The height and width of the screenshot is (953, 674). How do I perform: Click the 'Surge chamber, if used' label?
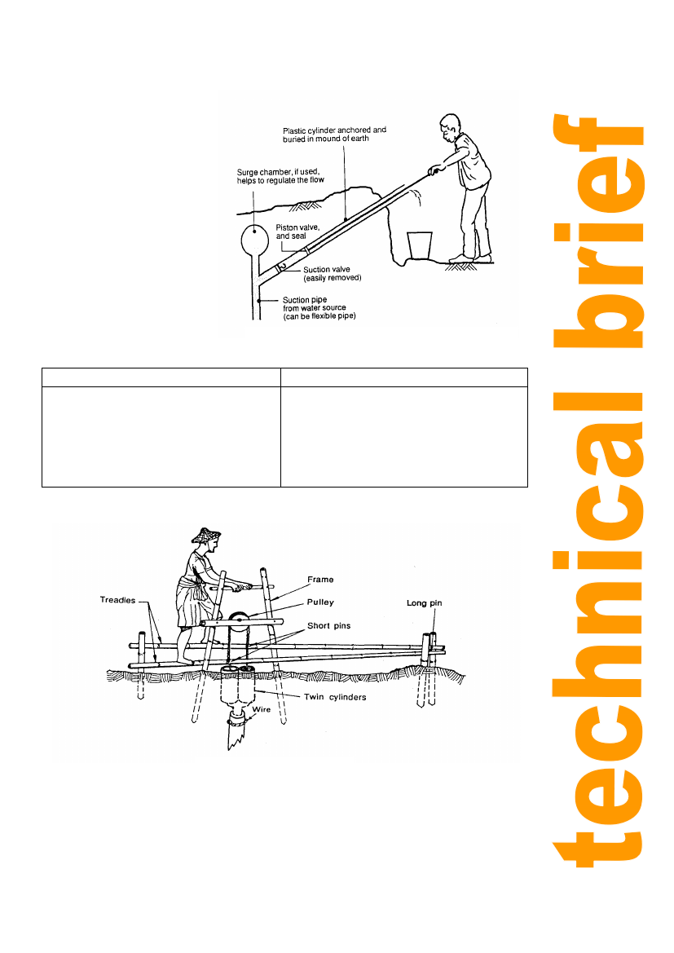pyautogui.click(x=280, y=175)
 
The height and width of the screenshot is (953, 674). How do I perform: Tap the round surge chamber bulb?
pyautogui.click(x=254, y=240)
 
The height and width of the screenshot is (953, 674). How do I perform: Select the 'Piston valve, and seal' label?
pyautogui.click(x=297, y=232)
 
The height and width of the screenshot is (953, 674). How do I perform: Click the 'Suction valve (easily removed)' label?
pyautogui.click(x=332, y=273)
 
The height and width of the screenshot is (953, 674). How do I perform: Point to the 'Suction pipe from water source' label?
pyautogui.click(x=319, y=307)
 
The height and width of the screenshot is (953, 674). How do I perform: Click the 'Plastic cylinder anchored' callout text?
pyautogui.click(x=334, y=135)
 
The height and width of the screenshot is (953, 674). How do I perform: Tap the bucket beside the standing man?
pyautogui.click(x=420, y=245)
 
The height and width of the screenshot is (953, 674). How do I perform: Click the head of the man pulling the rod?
pyautogui.click(x=450, y=125)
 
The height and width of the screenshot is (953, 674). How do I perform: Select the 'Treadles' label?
pyautogui.click(x=117, y=600)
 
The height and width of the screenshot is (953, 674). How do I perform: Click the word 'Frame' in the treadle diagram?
pyautogui.click(x=320, y=579)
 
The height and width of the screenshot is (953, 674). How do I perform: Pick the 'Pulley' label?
pyautogui.click(x=320, y=602)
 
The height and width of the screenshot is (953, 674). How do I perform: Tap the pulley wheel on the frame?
pyautogui.click(x=238, y=620)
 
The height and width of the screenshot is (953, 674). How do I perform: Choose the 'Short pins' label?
pyautogui.click(x=328, y=625)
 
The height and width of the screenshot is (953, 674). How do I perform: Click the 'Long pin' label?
pyautogui.click(x=425, y=603)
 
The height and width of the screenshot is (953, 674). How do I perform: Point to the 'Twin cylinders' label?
pyautogui.click(x=335, y=696)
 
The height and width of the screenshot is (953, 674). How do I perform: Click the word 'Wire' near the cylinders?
pyautogui.click(x=262, y=709)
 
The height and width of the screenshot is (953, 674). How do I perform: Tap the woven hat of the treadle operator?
pyautogui.click(x=206, y=535)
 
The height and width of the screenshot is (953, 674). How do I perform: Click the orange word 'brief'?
pyautogui.click(x=598, y=231)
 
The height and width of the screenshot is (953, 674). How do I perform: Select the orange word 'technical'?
pyautogui.click(x=598, y=629)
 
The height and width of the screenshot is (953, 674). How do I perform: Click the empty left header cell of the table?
pyautogui.click(x=161, y=377)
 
